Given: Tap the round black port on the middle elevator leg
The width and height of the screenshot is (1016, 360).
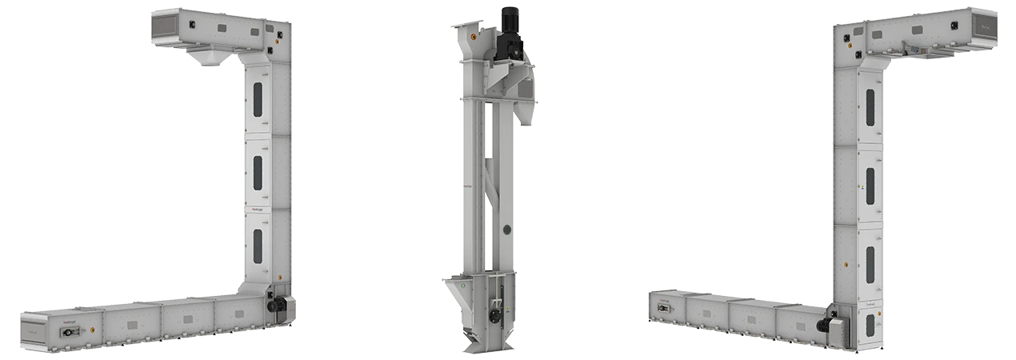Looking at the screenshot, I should point(506,230).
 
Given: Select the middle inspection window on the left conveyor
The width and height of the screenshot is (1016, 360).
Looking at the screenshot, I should point(258,172).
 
